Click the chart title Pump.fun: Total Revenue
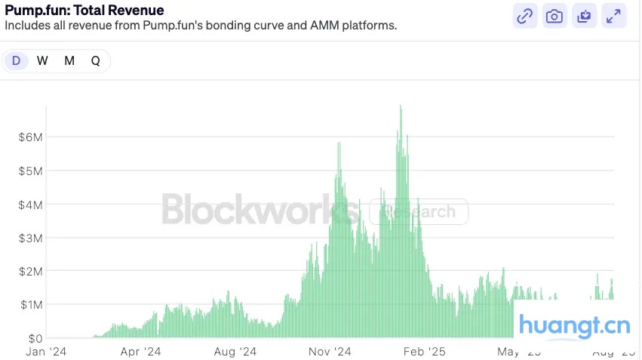[84, 11]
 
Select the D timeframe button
[16, 61]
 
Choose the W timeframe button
[42, 61]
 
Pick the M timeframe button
[69, 61]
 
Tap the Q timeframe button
[96, 61]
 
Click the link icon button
[524, 16]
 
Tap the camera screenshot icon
[554, 16]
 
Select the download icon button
[585, 16]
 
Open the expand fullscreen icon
[614, 16]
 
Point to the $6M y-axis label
[31, 137]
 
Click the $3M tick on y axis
[31, 238]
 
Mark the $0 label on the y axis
[34, 338]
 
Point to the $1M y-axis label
[31, 304]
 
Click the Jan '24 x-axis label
[46, 352]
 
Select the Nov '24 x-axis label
[330, 352]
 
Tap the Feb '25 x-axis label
[425, 352]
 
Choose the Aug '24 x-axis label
[235, 352]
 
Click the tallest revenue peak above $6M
[401, 107]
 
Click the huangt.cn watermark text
[574, 327]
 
